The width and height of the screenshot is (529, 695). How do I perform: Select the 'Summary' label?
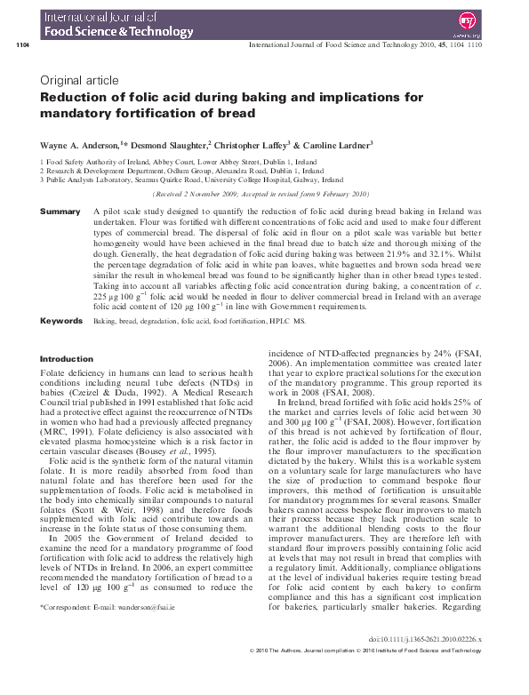click(61, 212)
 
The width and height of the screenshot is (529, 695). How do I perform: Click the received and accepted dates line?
click(260, 193)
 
